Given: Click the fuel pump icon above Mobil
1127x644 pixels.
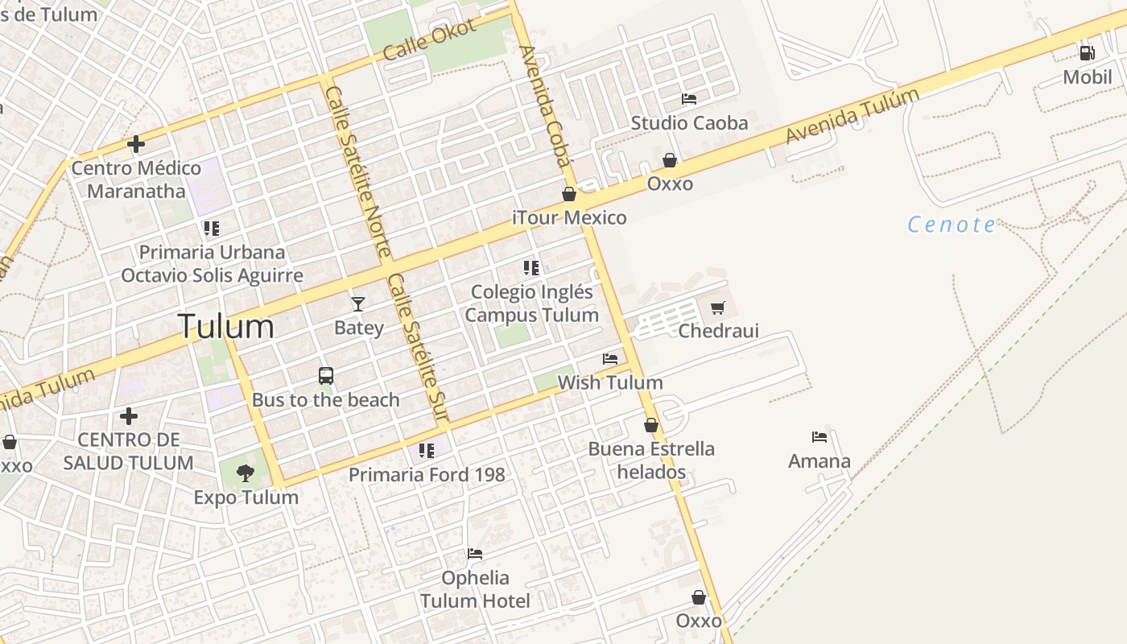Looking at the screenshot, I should click(x=1087, y=53).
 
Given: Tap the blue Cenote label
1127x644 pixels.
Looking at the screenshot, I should click(x=952, y=225).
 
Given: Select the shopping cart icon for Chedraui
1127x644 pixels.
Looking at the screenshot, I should click(x=718, y=308).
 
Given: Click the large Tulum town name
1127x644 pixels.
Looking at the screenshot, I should click(x=225, y=327).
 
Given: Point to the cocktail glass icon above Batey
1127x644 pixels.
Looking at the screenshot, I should click(x=358, y=303).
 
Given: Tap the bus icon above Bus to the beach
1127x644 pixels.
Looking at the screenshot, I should click(x=326, y=375).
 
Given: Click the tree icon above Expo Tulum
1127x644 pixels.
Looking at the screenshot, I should click(x=246, y=473).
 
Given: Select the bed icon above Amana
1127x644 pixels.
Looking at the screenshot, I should click(x=819, y=437).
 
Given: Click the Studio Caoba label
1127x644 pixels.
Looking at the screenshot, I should click(x=689, y=123).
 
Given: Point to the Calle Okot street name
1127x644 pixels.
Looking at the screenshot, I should click(x=430, y=39).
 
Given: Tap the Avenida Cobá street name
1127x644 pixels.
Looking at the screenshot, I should click(x=546, y=105).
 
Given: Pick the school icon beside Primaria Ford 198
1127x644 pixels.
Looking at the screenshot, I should click(x=427, y=450).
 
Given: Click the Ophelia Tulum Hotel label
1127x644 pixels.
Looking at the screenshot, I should click(x=475, y=589).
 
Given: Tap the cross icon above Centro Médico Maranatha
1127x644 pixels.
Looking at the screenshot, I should click(x=136, y=144).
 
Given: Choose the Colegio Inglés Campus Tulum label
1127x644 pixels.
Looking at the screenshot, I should click(x=531, y=303).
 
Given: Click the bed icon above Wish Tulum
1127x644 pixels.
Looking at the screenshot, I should click(x=610, y=358).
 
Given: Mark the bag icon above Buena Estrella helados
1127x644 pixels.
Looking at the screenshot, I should click(x=651, y=425).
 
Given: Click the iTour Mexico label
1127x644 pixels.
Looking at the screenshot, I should click(x=569, y=218).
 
